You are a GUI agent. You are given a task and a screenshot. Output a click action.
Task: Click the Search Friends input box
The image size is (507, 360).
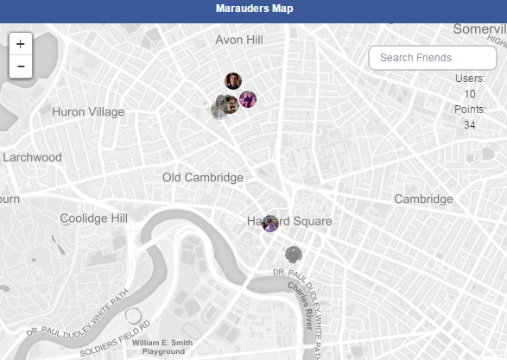pos(433,58)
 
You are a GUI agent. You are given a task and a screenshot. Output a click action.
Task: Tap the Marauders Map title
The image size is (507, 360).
pos(254,9)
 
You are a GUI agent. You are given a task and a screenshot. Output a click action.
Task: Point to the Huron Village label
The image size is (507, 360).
pos(88,112)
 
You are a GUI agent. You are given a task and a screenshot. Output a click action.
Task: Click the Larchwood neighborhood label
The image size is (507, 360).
pos(32,157)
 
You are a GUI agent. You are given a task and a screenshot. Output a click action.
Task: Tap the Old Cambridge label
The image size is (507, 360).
pos(203,178)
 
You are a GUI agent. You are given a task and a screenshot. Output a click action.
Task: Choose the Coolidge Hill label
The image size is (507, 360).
pos(93,218)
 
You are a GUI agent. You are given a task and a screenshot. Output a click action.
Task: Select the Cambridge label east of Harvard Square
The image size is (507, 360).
pos(423,199)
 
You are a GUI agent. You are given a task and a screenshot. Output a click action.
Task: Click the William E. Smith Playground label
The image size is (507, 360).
pos(163,347)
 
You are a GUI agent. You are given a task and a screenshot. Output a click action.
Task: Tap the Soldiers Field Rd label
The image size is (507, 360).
pos(115,339)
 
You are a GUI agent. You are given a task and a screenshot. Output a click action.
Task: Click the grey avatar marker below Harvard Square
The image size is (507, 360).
pos(294,254)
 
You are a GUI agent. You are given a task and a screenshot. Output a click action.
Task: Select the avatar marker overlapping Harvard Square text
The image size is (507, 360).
pos(270,223)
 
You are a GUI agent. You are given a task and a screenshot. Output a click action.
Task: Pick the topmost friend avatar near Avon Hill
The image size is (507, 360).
pos(233,80)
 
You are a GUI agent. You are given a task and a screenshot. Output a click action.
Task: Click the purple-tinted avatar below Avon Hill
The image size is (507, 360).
pos(248,99)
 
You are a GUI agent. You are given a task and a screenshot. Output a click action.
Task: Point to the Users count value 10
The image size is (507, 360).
pos(469,94)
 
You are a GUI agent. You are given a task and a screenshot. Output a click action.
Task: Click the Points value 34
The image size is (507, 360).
pos(469,125)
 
